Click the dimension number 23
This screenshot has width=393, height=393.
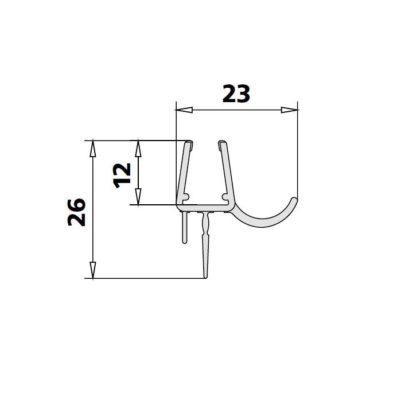click(x=236, y=94)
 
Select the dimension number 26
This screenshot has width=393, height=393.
click(x=76, y=212)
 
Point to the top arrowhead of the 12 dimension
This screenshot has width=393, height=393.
click(x=138, y=149)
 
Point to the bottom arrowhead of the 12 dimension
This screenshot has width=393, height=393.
click(x=138, y=196)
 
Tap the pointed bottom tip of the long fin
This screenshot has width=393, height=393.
click(x=205, y=277)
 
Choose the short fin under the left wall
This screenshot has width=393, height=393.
click(x=185, y=227)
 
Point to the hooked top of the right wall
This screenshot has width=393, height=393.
click(x=221, y=143)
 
